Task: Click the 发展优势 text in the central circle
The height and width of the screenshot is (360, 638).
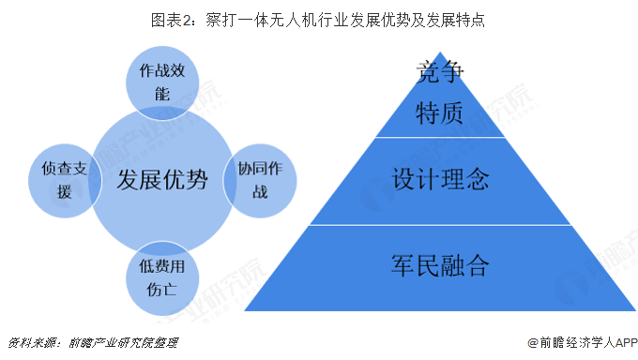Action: click(161, 179)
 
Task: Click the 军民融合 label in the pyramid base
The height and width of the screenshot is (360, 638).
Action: click(440, 265)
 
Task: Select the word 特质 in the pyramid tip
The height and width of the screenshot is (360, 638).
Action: click(440, 112)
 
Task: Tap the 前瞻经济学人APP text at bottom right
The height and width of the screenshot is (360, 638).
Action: click(587, 343)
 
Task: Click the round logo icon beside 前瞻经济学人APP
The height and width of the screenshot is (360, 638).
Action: click(533, 343)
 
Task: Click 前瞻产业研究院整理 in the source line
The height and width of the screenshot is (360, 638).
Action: click(120, 343)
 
